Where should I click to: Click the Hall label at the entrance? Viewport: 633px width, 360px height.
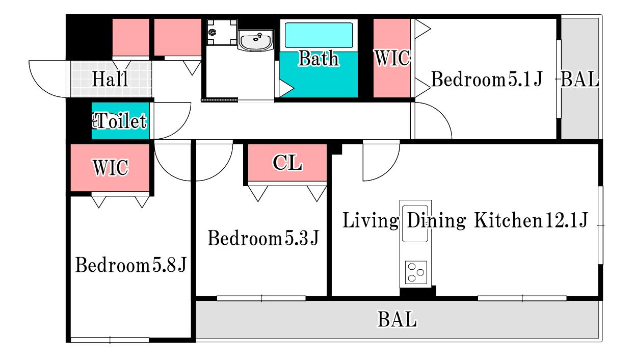coord(110,79)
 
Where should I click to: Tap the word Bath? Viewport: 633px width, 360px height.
coord(319,59)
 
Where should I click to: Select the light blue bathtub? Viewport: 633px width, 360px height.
coord(319,35)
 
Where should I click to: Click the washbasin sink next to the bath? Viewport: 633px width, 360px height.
coord(255,40)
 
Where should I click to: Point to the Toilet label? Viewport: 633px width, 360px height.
coord(120,121)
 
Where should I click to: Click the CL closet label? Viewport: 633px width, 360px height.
coord(287,163)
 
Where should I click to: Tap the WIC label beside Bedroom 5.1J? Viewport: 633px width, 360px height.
coord(392,58)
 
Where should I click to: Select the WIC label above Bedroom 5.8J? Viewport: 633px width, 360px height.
coord(111,167)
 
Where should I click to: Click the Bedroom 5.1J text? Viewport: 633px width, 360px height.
coord(487,79)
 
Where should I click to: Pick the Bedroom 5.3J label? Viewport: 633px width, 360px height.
coord(263,238)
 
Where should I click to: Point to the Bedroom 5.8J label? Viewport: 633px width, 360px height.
coord(131,265)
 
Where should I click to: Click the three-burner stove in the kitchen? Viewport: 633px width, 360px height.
coord(416,272)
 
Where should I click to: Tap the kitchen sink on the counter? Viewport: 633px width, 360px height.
coord(415,223)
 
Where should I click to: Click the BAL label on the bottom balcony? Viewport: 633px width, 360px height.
coord(397,319)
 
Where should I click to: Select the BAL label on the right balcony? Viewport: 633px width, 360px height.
coord(579,79)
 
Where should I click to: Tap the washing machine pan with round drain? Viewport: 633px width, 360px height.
coord(222,32)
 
